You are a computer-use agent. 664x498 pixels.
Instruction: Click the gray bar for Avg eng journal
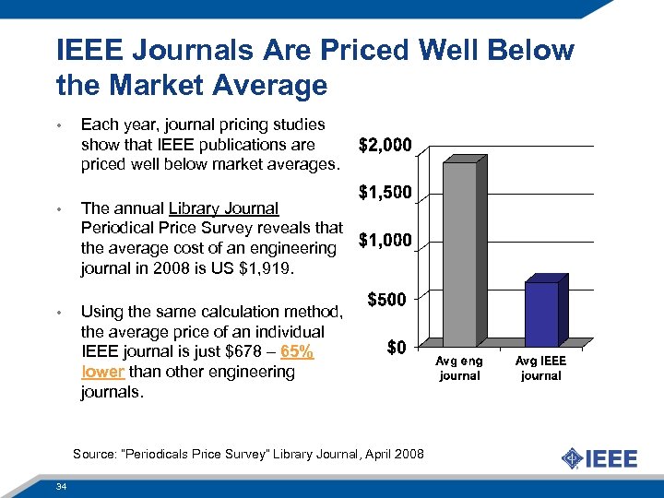click(460, 254)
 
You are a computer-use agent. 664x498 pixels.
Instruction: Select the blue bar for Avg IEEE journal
click(541, 314)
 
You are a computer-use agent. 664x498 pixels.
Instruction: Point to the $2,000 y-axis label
click(385, 147)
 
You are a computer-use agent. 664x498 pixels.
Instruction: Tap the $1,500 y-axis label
click(385, 194)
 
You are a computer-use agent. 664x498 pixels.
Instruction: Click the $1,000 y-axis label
click(385, 242)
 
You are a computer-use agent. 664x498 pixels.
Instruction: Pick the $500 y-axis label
click(389, 300)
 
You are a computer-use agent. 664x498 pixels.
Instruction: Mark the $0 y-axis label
click(397, 348)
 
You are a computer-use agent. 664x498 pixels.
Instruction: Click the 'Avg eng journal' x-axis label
click(459, 369)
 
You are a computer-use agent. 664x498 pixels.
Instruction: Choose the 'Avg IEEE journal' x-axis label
click(540, 369)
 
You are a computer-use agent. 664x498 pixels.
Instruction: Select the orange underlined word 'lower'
click(102, 372)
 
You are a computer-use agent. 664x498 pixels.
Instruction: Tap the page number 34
click(60, 486)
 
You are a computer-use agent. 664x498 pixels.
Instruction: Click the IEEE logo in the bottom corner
click(599, 458)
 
